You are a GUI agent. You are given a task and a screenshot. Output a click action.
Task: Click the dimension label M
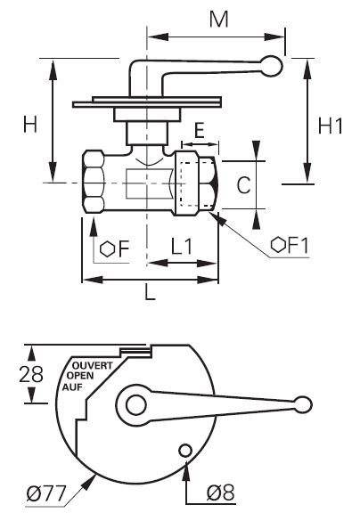point(219,20)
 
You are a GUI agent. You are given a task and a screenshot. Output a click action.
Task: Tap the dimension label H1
point(330,126)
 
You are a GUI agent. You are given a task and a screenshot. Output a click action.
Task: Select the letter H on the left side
point(30,125)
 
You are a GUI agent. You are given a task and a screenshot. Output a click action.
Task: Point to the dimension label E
point(199,130)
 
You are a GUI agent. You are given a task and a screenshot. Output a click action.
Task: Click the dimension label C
point(243,184)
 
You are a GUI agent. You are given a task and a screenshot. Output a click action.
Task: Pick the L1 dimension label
point(182,247)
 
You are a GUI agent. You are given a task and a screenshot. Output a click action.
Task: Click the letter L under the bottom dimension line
point(151,293)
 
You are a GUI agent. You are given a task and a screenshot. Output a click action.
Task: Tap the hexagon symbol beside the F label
point(107,248)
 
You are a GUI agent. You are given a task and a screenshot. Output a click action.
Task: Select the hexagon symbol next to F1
point(278,245)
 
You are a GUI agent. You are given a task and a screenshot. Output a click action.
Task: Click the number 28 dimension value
point(31,374)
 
